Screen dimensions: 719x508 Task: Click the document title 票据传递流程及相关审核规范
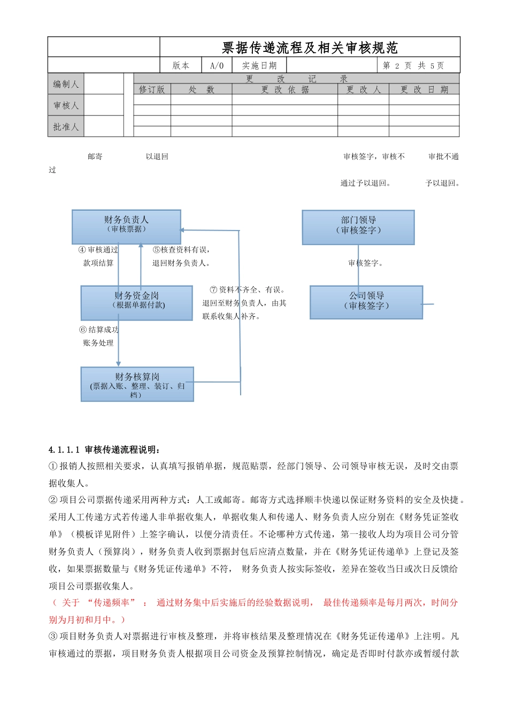tap(310, 48)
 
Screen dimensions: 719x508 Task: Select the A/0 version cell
tap(217, 66)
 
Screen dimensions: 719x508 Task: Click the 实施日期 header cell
tap(259, 66)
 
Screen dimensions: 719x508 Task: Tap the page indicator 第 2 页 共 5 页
tap(413, 66)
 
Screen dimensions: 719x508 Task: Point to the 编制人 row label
tap(66, 84)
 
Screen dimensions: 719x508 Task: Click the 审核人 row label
tap(66, 105)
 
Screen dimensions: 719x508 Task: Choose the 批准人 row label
tap(66, 127)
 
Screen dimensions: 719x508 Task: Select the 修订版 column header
tap(152, 89)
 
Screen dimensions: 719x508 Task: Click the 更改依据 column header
tap(284, 89)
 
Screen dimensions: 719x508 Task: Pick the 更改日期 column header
tap(424, 89)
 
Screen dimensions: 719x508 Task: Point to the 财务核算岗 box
tap(137, 384)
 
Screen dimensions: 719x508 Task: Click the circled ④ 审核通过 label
tap(98, 250)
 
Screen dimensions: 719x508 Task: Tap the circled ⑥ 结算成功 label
tap(99, 330)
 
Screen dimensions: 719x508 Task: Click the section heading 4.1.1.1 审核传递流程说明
tap(104, 449)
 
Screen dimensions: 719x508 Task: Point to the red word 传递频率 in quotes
tap(112, 603)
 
